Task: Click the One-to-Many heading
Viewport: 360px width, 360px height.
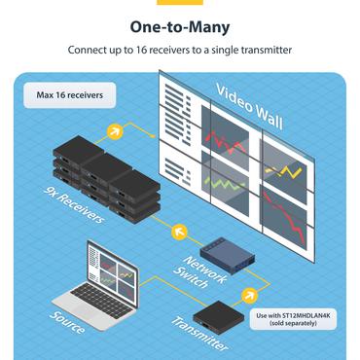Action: [x=179, y=28]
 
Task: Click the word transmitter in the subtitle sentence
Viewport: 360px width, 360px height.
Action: [x=262, y=50]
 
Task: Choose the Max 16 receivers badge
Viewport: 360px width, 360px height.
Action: [x=70, y=96]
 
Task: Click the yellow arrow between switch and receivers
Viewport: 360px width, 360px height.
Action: [x=177, y=232]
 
